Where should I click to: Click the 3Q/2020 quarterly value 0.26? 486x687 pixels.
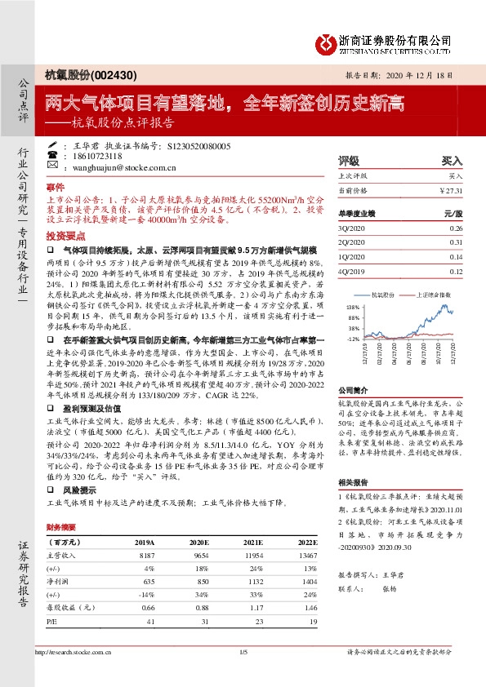[456, 228]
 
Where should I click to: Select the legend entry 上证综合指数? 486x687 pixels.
[434, 293]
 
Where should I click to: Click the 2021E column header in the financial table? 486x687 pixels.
[254, 541]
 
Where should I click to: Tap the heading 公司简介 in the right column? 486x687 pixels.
[353, 391]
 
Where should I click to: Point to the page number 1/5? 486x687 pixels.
[243, 653]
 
